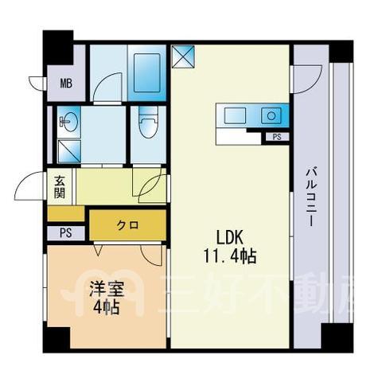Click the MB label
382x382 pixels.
tap(66, 84)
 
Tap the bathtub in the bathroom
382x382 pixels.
tap(147, 72)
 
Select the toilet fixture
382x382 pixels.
tap(148, 123)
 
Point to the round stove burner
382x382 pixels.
tap(271, 115)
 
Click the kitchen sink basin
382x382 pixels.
tap(235, 115)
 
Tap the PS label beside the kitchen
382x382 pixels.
tap(277, 137)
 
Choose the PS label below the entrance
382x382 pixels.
tap(66, 233)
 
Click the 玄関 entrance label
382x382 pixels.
tap(60, 187)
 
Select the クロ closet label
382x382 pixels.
tap(127, 225)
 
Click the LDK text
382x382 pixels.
tap(230, 237)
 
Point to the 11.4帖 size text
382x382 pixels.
tap(230, 256)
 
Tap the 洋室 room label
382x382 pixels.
tap(107, 289)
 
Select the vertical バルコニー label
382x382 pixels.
tap(312, 197)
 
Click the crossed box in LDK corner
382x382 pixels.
tap(183, 57)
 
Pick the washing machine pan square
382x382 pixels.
tap(69, 151)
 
